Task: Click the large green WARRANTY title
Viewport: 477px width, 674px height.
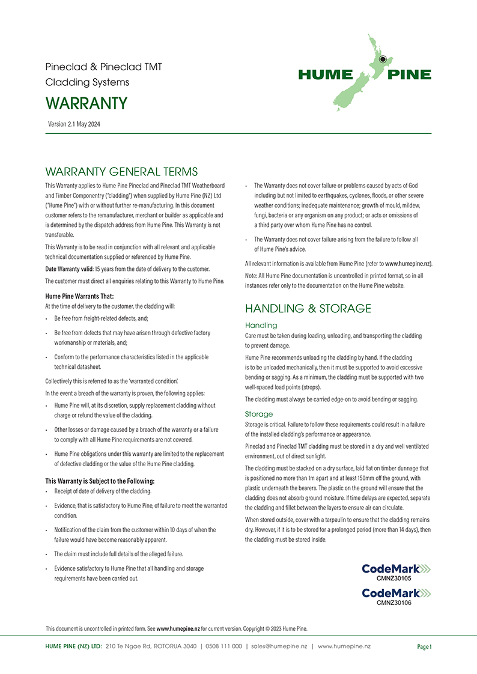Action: click(87, 103)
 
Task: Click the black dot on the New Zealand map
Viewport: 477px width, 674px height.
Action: click(382, 59)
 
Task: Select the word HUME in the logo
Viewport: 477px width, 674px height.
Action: click(325, 74)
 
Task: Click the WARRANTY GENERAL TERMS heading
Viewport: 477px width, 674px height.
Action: click(121, 172)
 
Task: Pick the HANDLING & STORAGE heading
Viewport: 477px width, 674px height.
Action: click(308, 309)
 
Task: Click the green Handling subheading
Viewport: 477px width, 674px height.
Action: click(261, 325)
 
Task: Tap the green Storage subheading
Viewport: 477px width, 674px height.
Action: click(259, 414)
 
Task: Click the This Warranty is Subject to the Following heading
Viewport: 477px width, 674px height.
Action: click(100, 481)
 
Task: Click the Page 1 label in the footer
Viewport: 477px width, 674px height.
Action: click(424, 646)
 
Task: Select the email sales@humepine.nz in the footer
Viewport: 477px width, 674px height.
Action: click(279, 646)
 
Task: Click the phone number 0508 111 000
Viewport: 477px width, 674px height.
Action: click(223, 646)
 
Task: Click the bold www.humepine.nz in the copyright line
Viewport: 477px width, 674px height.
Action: click(178, 628)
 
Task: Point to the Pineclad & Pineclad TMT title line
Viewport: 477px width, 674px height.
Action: click(103, 67)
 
